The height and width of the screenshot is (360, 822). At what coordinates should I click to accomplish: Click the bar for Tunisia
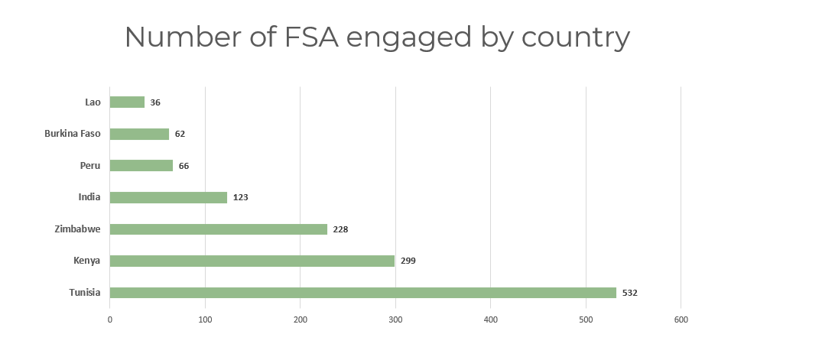(x=362, y=293)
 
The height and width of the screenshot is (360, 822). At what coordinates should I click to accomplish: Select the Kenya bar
(x=252, y=261)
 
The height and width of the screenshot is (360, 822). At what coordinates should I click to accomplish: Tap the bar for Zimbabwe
(x=219, y=229)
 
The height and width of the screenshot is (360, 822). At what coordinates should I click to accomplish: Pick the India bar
(x=168, y=197)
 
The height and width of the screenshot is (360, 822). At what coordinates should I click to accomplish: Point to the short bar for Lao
(x=127, y=102)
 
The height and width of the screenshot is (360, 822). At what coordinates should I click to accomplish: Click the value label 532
(x=629, y=293)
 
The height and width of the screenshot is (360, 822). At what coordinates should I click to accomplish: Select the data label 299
(x=408, y=261)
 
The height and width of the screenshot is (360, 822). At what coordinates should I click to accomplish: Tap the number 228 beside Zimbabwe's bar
(x=340, y=229)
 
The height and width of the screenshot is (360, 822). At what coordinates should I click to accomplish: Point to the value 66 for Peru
(x=184, y=166)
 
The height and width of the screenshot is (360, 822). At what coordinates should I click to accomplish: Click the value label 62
(x=180, y=134)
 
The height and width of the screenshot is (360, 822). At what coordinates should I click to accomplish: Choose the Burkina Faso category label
(x=73, y=134)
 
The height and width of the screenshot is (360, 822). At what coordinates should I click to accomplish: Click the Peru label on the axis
(x=90, y=166)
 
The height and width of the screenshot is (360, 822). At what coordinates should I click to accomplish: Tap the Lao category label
(x=93, y=102)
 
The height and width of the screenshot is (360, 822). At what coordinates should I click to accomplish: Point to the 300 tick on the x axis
(x=395, y=319)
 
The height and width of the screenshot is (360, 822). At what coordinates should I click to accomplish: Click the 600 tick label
(x=681, y=319)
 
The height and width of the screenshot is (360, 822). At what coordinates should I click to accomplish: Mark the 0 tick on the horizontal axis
(x=110, y=319)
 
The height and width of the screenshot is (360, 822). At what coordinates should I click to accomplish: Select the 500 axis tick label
(x=586, y=319)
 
